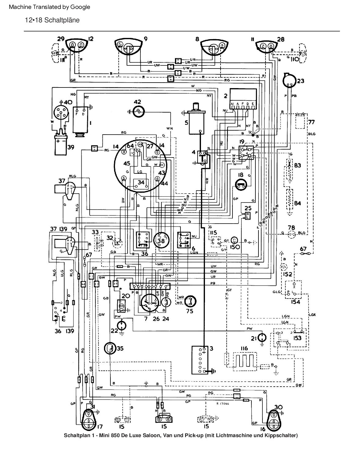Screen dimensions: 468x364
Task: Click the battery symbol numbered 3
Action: point(200,360)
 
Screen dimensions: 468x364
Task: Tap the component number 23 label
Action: point(301,81)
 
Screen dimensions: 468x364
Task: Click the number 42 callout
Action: point(137,102)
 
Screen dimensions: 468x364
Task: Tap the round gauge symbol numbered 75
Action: point(191,302)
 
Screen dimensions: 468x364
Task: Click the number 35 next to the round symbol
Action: point(120,348)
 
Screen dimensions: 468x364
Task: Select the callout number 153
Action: point(297,338)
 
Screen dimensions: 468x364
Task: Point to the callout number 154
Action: point(295,302)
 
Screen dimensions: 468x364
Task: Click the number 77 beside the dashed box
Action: point(311,122)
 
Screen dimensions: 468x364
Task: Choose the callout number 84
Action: point(297,203)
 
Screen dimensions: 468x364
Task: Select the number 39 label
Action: point(71,147)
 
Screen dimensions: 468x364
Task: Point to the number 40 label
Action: point(68,102)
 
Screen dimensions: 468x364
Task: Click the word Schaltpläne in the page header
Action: point(62,20)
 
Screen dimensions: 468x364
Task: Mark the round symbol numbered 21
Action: point(262,338)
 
